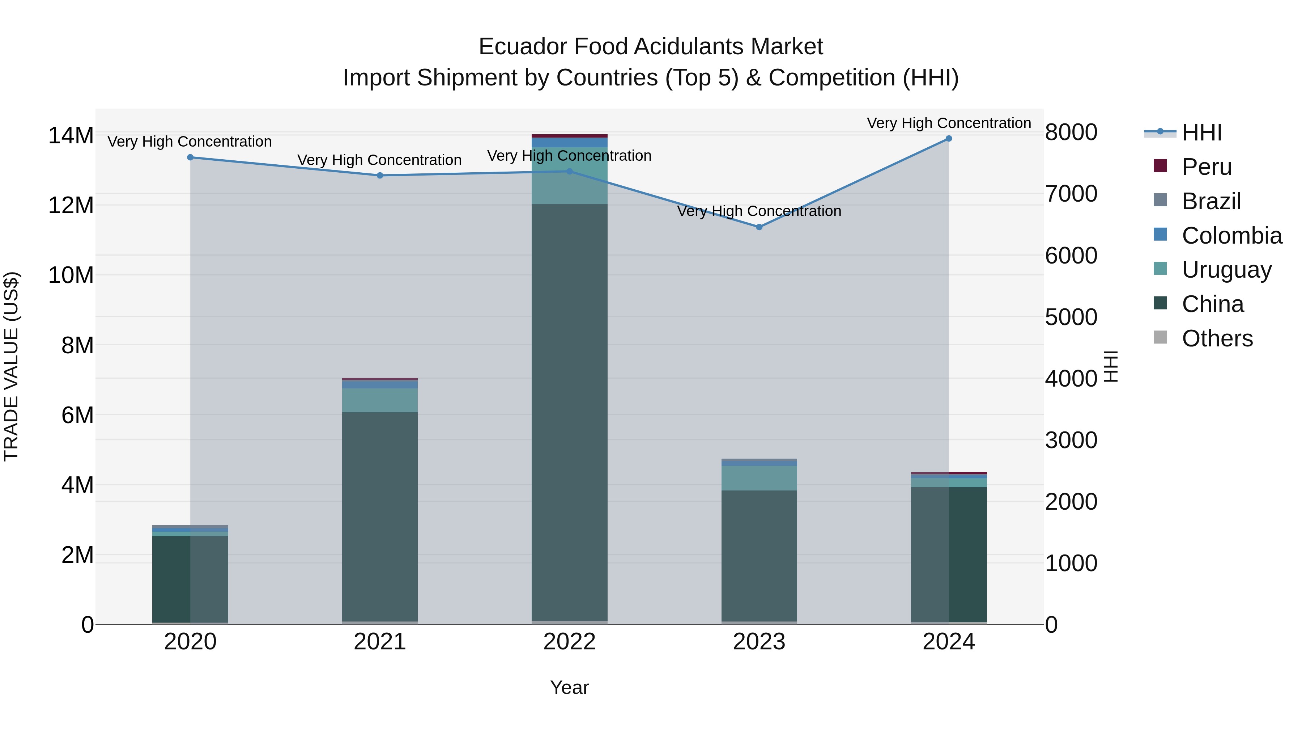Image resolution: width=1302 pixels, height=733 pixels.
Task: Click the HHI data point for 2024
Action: [949, 139]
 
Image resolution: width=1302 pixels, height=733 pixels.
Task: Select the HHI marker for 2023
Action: [759, 227]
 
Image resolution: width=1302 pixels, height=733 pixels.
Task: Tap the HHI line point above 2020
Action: [191, 157]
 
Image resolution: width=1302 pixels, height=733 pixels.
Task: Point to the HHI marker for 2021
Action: [380, 176]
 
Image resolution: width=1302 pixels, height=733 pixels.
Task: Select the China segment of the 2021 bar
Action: [380, 516]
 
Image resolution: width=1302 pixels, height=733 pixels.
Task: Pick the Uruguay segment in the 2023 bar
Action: [759, 478]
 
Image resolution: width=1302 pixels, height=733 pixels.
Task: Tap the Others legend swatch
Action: [1161, 337]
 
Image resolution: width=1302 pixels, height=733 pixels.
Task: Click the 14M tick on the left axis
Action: [71, 136]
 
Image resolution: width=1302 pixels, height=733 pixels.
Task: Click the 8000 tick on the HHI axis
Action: [1071, 132]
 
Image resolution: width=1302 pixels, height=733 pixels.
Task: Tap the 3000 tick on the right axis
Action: [1071, 440]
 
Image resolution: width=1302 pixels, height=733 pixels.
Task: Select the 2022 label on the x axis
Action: [570, 642]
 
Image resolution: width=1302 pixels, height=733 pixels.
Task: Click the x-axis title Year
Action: [570, 687]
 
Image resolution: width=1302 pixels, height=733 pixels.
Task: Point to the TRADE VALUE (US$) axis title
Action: [11, 366]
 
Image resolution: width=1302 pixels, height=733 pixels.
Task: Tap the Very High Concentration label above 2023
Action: [759, 211]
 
